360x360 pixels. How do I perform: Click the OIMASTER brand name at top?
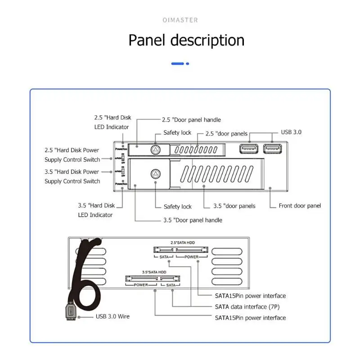click(180, 20)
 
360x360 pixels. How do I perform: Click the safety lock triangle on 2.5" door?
click(155, 149)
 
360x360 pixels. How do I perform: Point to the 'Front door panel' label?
click(300, 206)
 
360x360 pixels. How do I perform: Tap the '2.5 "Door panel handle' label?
click(191, 120)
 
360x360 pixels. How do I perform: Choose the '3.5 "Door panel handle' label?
click(193, 220)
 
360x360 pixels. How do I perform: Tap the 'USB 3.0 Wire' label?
click(112, 316)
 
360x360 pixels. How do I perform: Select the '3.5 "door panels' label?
click(235, 206)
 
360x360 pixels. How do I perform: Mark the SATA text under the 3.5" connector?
click(170, 285)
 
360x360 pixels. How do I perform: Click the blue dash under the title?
click(178, 63)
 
